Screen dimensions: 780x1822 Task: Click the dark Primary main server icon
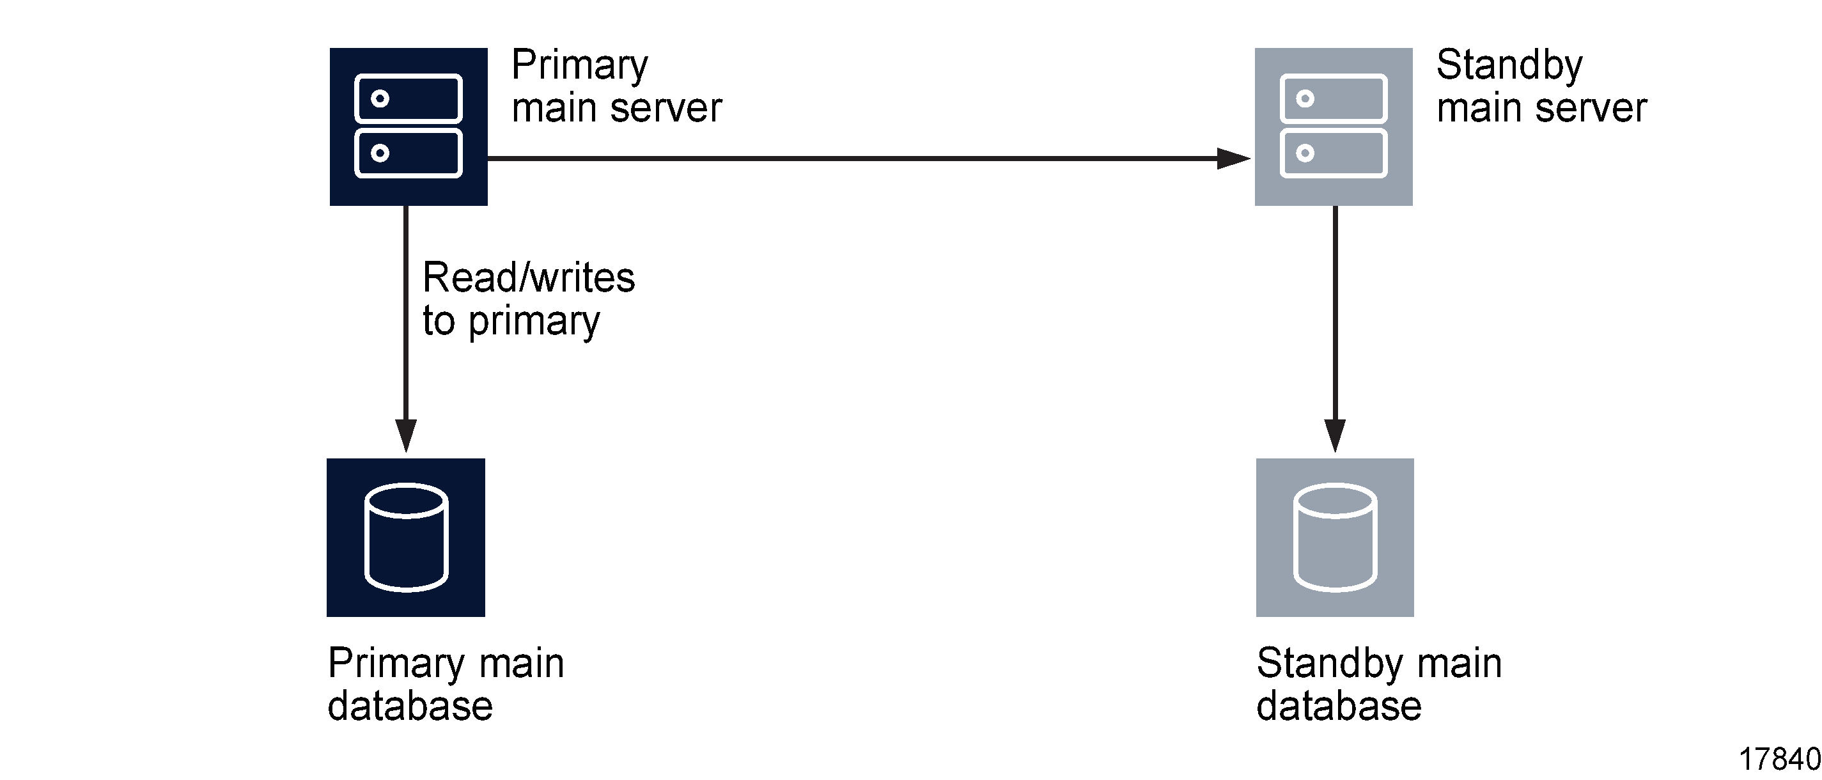(408, 127)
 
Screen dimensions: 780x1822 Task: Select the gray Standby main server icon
(1334, 127)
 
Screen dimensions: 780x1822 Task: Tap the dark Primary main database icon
(405, 538)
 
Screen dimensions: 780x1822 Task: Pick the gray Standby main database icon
(1335, 538)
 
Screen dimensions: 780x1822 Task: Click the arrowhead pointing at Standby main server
(1233, 159)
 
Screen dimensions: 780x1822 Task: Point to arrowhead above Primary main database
(406, 434)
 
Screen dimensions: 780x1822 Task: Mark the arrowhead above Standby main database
(1335, 434)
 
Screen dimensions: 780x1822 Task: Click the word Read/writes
(528, 277)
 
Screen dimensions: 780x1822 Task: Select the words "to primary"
(511, 322)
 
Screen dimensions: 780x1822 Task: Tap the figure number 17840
(1779, 760)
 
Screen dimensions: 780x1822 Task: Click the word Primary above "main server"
(579, 65)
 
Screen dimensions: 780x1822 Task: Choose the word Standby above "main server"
(1509, 65)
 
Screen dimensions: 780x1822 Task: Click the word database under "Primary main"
(410, 706)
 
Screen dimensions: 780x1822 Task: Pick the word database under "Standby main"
(1338, 706)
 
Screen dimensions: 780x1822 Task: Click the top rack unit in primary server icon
(408, 98)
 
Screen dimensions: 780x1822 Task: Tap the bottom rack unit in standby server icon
(1334, 153)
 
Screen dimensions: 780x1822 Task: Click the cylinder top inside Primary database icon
(406, 501)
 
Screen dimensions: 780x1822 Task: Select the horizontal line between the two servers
(849, 159)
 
